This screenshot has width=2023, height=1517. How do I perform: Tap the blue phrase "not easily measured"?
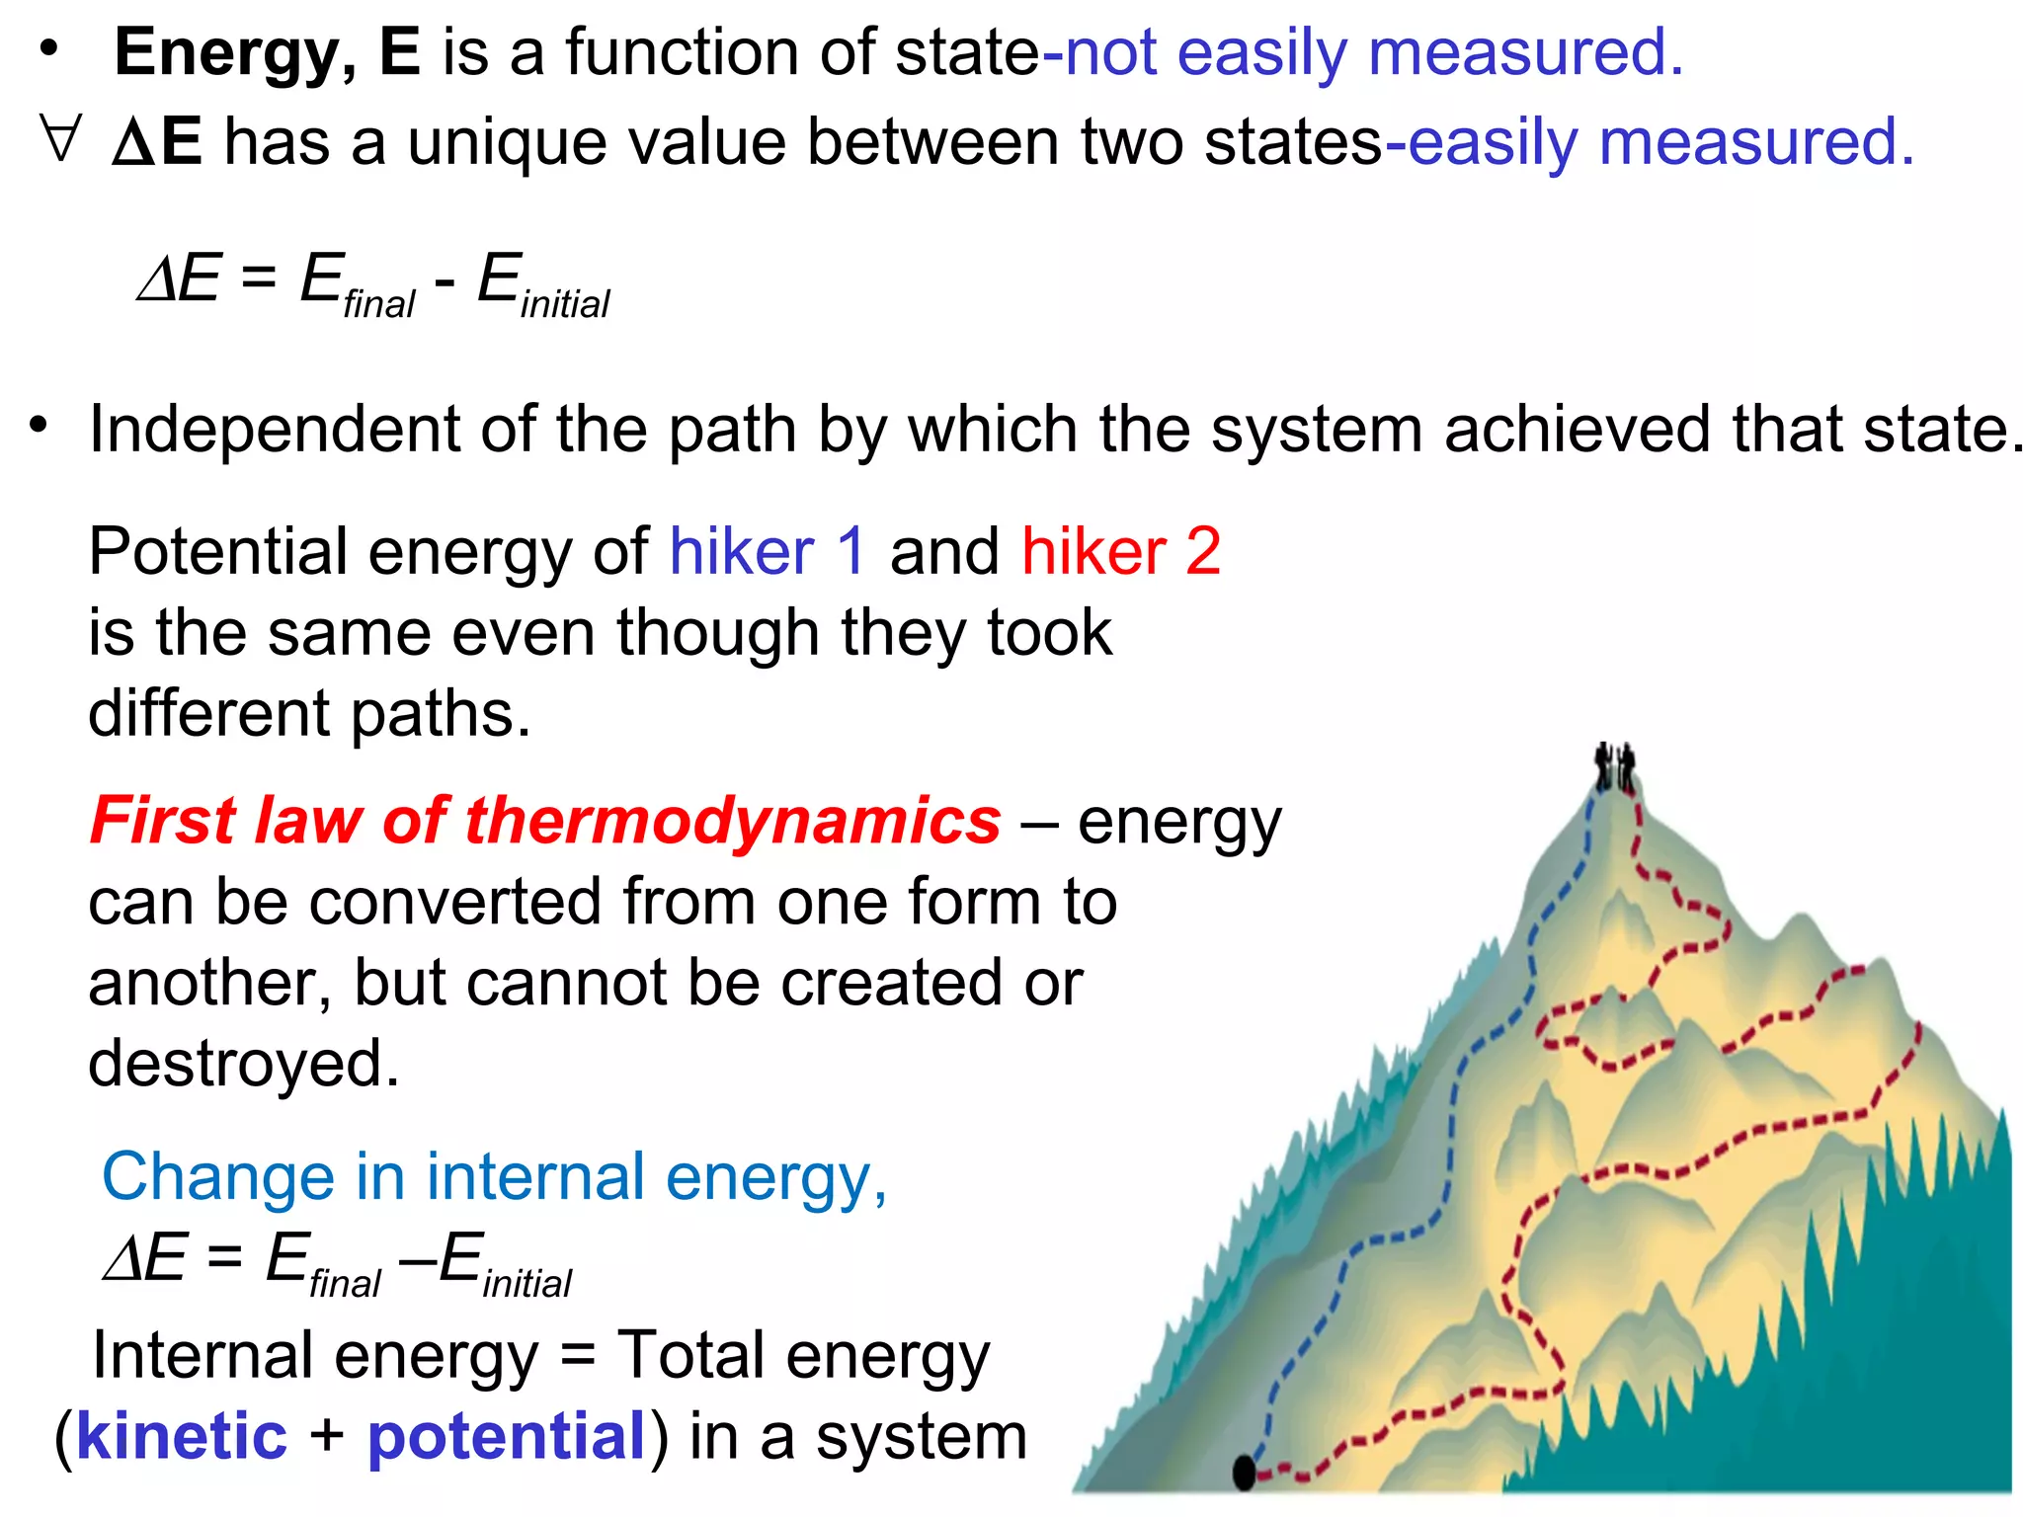(1373, 53)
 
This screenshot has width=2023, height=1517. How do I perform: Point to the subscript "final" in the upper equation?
(379, 304)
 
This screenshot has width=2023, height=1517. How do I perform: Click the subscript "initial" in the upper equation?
(565, 304)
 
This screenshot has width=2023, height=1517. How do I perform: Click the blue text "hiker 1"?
(768, 551)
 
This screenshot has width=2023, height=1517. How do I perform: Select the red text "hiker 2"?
(1121, 551)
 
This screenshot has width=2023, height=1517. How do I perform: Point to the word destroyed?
(243, 1064)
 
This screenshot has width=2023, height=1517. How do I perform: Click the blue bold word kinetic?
(182, 1436)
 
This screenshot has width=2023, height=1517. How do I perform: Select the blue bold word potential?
(507, 1438)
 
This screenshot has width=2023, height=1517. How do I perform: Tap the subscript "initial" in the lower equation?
(527, 1284)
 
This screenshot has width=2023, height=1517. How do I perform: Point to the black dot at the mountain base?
(1245, 1472)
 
